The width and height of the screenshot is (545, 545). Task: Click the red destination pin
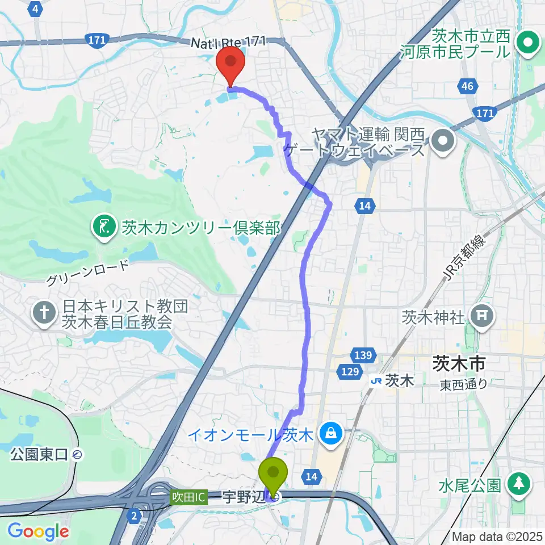tap(231, 64)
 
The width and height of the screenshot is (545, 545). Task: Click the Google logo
tap(37, 532)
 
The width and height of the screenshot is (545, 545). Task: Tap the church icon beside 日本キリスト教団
tap(44, 312)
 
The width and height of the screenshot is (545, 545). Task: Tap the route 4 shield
tap(36, 9)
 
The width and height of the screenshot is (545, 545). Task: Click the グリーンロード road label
tap(87, 273)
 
